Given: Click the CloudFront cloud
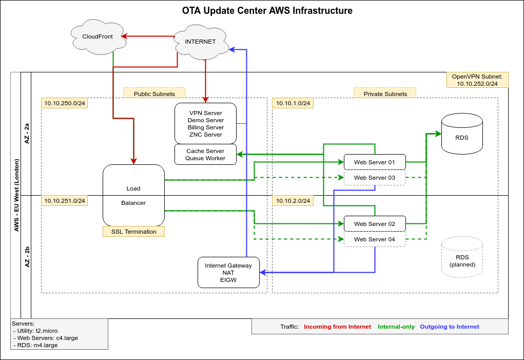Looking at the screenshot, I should point(98,37).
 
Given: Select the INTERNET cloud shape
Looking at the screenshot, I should point(200,42).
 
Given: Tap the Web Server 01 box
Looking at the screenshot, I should point(375,162).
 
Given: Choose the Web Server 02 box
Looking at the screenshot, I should point(375,224).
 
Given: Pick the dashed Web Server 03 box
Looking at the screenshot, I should point(375,178).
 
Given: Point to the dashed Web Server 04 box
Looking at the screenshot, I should point(375,239).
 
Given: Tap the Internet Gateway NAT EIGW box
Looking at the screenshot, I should point(228,272).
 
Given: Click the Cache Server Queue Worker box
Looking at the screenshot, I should point(205,155).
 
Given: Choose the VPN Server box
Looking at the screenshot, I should point(205,123).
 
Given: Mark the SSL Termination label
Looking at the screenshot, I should point(133,232).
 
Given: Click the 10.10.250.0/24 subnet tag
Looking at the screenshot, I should point(64,103).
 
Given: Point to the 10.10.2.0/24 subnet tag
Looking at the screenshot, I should point(293,201).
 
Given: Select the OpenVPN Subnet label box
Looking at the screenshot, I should point(477,80).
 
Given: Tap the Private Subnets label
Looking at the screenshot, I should point(385,93).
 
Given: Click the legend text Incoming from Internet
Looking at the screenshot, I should point(337,327).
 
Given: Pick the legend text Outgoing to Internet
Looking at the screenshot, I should point(449,327).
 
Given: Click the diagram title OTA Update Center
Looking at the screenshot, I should point(267,10).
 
